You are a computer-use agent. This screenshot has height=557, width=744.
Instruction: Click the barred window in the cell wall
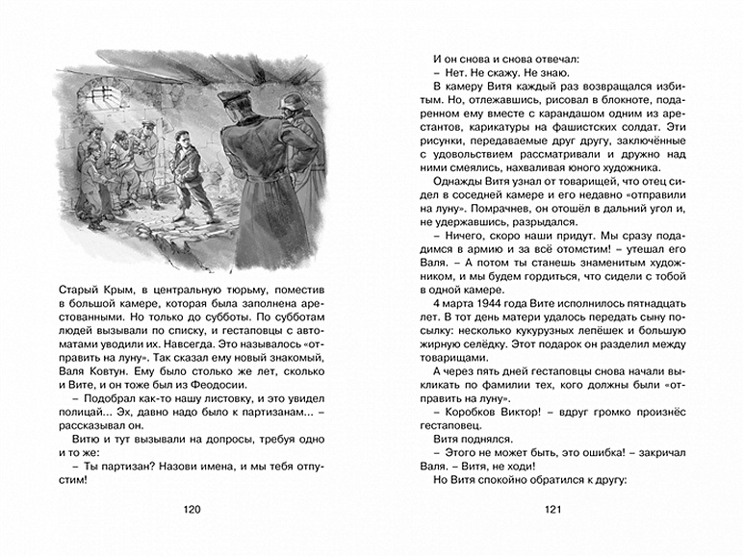[x=102, y=94]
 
